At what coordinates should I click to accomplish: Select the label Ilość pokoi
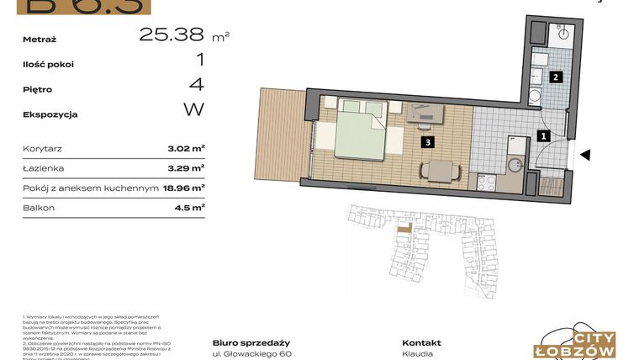[x=49, y=64]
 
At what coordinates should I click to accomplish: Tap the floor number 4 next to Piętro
[x=197, y=85]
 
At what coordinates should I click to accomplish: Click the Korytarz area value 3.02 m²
[x=186, y=148]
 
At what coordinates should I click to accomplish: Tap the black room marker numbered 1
[x=544, y=135]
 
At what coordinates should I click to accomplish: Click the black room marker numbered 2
[x=555, y=77]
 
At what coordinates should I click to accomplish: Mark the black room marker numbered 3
[x=428, y=143]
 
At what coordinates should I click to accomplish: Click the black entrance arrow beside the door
[x=586, y=155]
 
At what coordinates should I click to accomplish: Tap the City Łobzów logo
[x=578, y=341]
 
